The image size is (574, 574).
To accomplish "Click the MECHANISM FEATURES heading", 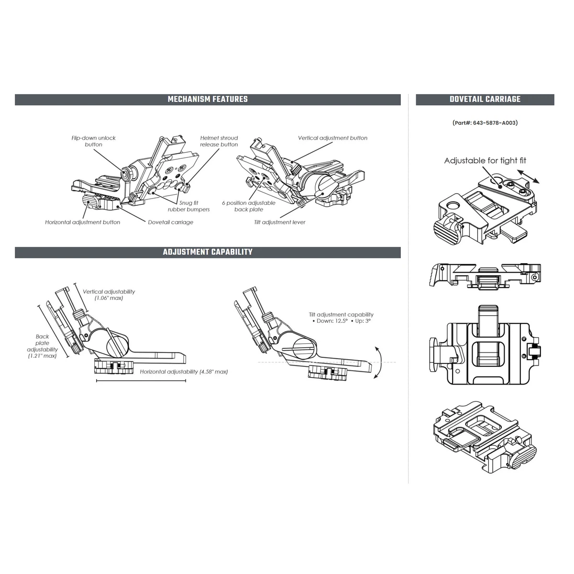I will pos(208,99).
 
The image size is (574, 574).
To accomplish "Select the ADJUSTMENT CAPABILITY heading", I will pos(208,252).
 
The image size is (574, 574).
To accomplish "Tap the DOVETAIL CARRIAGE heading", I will pos(485,99).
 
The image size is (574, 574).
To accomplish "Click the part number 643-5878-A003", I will pos(485,123).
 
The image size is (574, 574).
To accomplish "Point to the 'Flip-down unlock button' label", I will pos(94,141).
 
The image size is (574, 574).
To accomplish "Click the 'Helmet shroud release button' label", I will pos(219,141).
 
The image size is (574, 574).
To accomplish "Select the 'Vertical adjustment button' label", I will pos(332,138).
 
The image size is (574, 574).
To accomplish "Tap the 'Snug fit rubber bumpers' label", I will pos(188,206).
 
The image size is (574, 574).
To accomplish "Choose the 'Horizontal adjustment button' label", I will pos(83,222).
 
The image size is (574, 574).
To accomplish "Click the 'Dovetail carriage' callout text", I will pos(170,222).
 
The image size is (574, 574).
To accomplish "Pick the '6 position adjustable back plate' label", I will pos(249,206).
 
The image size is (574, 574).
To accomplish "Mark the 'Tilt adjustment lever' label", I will pos(280,222).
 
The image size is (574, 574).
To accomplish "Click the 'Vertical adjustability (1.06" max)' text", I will pos(109,295).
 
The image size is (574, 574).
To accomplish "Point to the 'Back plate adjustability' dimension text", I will pos(42,346).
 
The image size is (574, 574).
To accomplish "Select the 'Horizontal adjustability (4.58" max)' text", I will pos(184,372).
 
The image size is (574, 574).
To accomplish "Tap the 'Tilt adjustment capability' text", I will pos(341,318).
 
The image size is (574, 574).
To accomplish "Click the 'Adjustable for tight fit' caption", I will pos(485,161).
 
